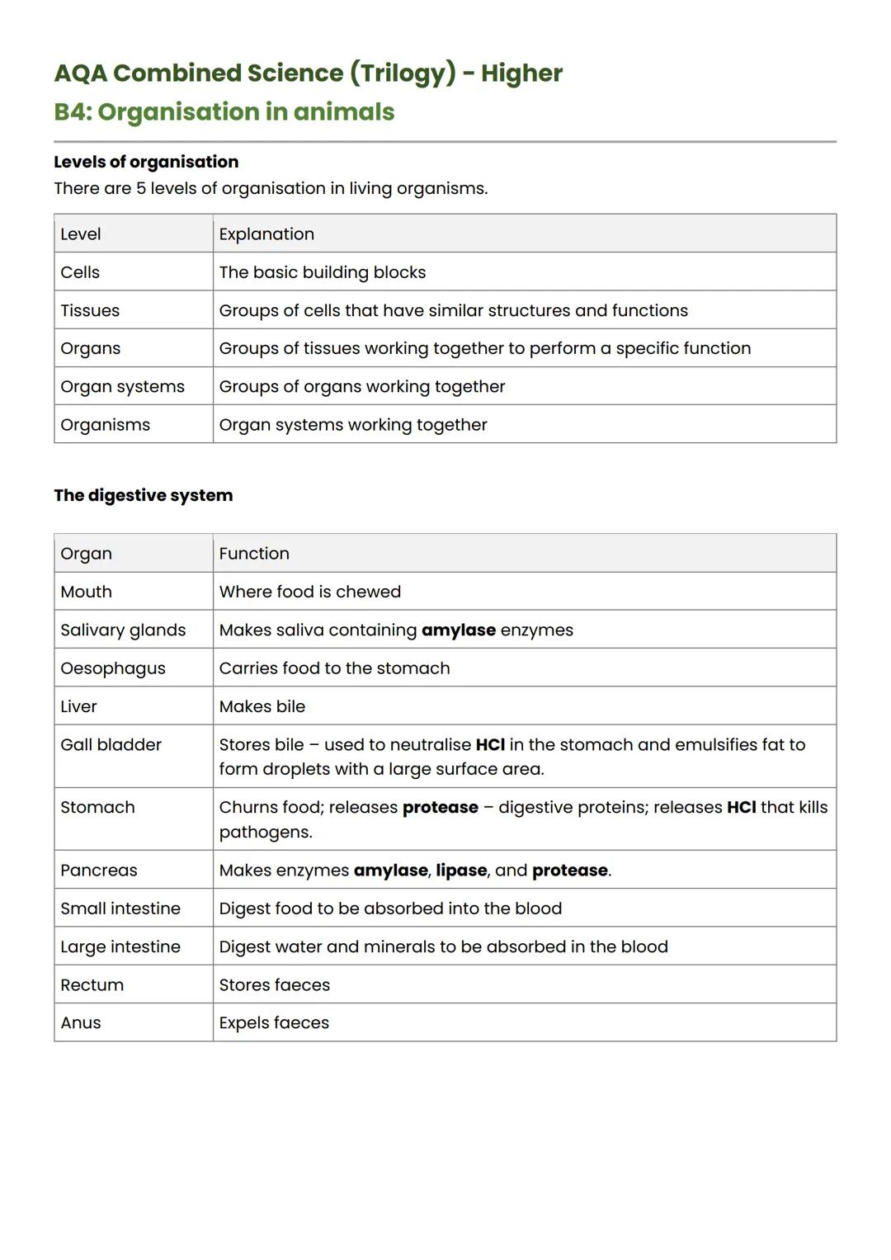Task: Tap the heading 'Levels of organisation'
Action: tap(146, 162)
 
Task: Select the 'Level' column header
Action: tap(81, 234)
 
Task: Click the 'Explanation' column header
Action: tap(266, 234)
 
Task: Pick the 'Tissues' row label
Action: tap(90, 311)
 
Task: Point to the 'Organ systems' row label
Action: tap(122, 387)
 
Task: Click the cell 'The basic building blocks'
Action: tap(323, 272)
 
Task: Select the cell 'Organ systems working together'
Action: tap(353, 425)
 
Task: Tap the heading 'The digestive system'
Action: tap(144, 495)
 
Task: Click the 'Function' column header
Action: tap(254, 554)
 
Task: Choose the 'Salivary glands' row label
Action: tap(123, 630)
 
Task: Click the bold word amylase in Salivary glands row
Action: tap(459, 630)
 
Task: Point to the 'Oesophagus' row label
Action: tap(113, 668)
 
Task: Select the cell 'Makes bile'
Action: tap(262, 707)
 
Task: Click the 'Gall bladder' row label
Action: tap(111, 745)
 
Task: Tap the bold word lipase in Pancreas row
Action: tap(461, 871)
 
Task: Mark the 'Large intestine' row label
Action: tap(120, 947)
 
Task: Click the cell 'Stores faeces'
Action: tap(275, 985)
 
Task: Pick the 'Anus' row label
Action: tap(81, 1023)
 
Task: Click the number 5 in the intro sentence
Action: tap(141, 189)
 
